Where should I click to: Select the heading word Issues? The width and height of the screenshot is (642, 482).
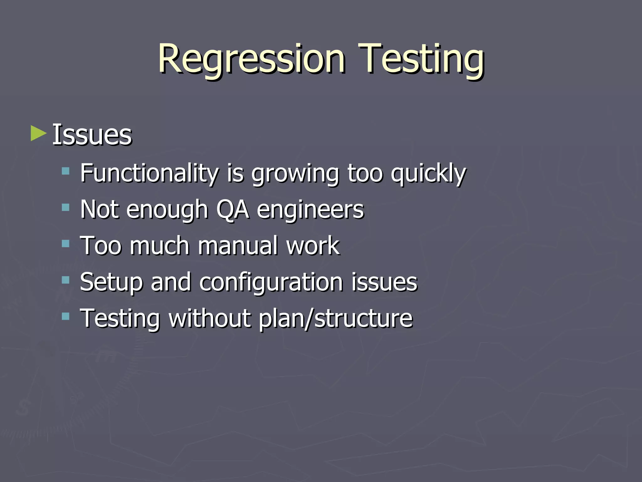point(92,135)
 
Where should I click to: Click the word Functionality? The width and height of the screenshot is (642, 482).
point(149,173)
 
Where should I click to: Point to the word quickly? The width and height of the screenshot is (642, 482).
point(428,174)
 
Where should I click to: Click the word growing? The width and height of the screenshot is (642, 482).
point(295,174)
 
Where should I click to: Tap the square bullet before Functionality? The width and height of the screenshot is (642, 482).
point(66,171)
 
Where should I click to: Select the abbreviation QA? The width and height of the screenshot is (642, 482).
point(233,210)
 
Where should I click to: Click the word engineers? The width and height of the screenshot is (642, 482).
point(310,210)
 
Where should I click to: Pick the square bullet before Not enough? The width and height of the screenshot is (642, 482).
point(66,207)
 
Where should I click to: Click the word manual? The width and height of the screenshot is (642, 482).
point(238,246)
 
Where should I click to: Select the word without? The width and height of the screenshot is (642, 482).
point(210,318)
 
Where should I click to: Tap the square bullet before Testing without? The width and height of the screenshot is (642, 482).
point(66,316)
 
